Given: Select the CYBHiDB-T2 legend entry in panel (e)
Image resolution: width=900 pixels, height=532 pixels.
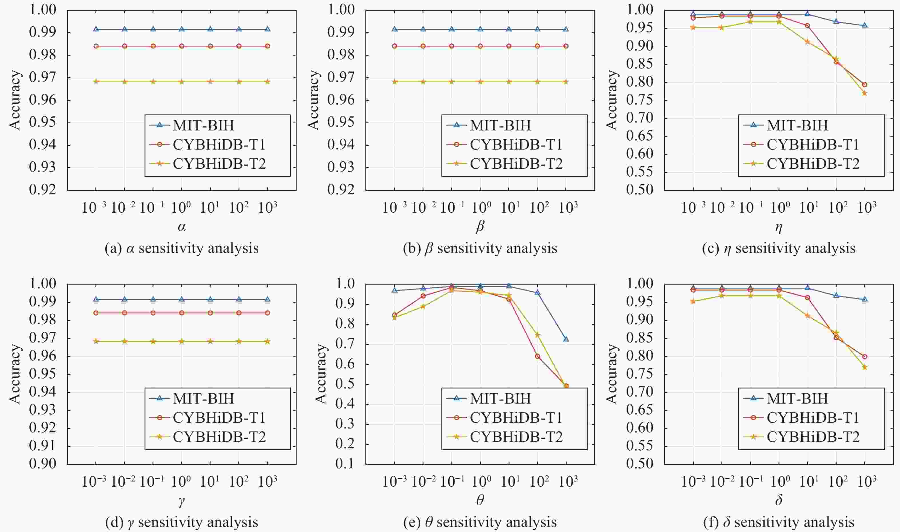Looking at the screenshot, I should coord(516,437).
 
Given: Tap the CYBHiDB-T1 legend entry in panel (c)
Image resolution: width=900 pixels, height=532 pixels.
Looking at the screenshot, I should coord(813,144).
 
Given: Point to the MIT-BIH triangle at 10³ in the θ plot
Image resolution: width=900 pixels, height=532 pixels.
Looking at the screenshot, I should coord(566,339).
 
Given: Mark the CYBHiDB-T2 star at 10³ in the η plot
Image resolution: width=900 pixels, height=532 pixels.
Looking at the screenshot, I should coord(865,93).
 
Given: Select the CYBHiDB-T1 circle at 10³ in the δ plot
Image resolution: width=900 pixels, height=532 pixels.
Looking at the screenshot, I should coord(865,357).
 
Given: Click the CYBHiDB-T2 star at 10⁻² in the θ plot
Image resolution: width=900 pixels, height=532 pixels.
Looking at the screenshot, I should coord(423,307).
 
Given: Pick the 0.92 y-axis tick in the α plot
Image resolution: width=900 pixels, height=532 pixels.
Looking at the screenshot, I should coord(43,190).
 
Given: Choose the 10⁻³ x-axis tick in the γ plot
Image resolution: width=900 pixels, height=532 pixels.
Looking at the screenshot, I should coord(94,482).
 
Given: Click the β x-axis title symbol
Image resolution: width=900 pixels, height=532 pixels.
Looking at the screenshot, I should coord(480,227).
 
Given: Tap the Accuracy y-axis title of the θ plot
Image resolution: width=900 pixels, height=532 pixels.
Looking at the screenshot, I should coord(321,374).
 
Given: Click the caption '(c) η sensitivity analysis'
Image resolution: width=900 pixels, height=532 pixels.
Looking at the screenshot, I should coord(778,248).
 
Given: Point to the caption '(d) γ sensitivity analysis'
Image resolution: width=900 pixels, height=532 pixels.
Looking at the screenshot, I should coord(182,522).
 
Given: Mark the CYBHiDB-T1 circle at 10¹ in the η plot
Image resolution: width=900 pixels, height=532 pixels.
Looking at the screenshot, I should coord(807,26).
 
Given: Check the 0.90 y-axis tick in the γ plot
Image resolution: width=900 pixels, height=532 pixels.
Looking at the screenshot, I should coord(43,464).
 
